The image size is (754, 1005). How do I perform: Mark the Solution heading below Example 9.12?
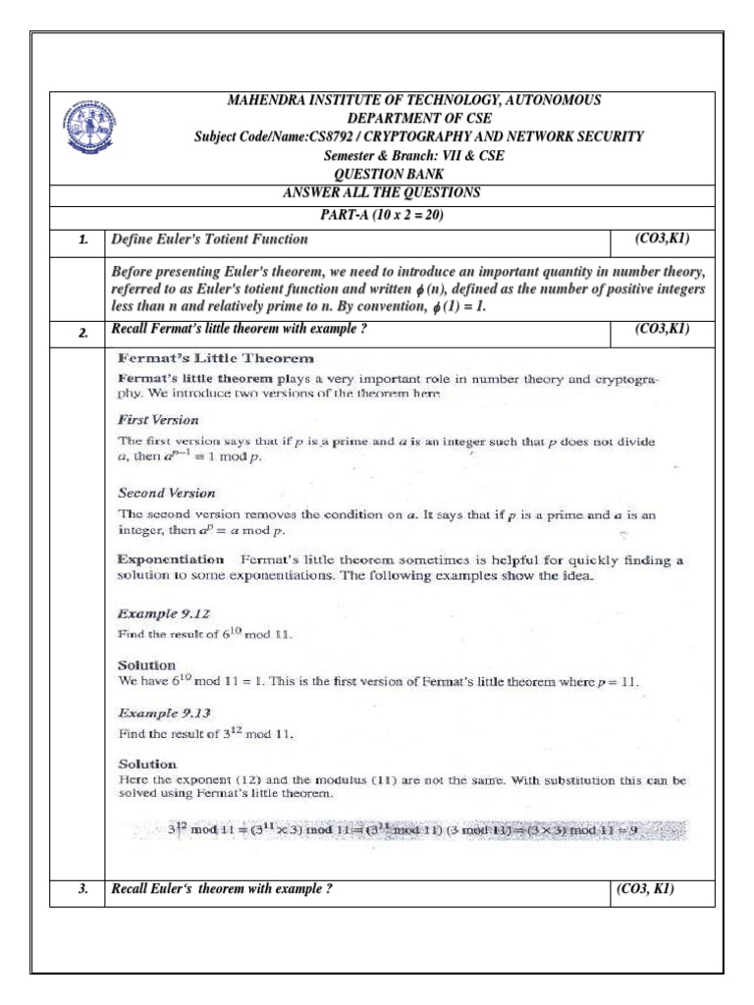[147, 664]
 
